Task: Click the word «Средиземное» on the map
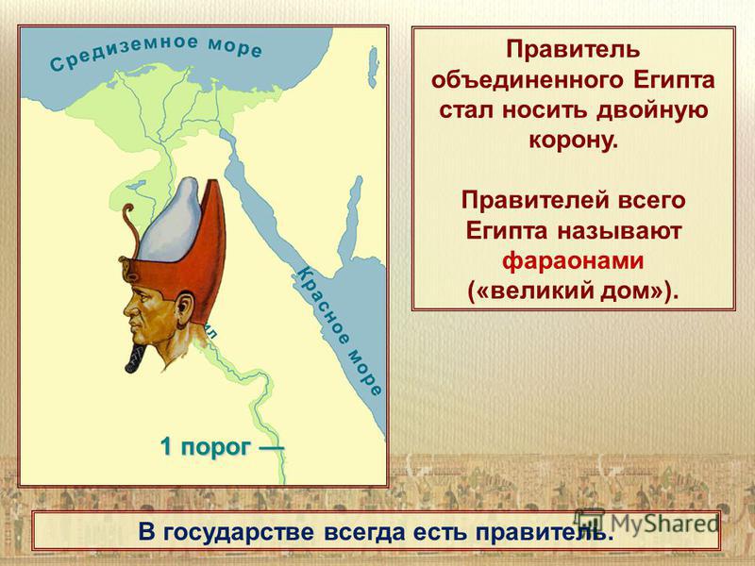pos(124,52)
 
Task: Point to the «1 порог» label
pos(206,447)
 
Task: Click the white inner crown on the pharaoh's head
pos(170,221)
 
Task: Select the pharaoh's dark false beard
pos(138,358)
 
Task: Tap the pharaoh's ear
pos(184,308)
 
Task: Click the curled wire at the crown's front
pos(130,226)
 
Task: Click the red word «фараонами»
pos(573,261)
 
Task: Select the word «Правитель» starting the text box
pos(573,50)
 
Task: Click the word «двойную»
pos(652,110)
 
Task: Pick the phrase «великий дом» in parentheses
pos(573,291)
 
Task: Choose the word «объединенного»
pos(528,80)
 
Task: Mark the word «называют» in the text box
pos(619,231)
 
